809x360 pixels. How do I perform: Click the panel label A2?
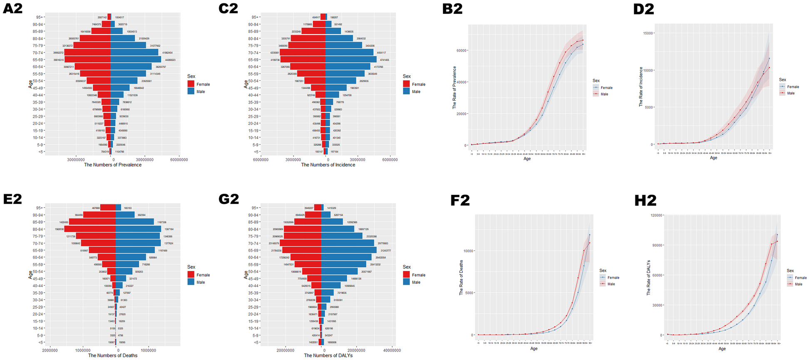pyautogui.click(x=12, y=8)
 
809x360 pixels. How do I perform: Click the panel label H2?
pyautogui.click(x=645, y=201)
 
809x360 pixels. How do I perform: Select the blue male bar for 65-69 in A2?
pyautogui.click(x=135, y=60)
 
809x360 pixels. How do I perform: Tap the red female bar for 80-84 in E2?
pyautogui.click(x=90, y=229)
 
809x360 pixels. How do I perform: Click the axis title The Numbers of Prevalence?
pyautogui.click(x=112, y=165)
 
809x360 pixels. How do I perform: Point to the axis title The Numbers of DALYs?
pyautogui.click(x=328, y=355)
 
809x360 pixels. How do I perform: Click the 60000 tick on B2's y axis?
pyautogui.click(x=461, y=50)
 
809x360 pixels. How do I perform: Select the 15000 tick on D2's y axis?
pyautogui.click(x=647, y=33)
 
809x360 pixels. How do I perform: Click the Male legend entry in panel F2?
pyautogui.click(x=611, y=284)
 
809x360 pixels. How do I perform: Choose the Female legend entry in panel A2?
pyautogui.click(x=203, y=84)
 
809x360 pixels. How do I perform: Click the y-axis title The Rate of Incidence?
pyautogui.click(x=641, y=87)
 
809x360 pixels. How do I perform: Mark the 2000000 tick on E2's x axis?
pyautogui.click(x=50, y=350)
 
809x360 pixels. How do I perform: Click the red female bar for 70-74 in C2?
pyautogui.click(x=302, y=52)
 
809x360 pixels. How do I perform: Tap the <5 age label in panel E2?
pyautogui.click(x=41, y=343)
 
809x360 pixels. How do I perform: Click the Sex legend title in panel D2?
pyautogui.click(x=782, y=79)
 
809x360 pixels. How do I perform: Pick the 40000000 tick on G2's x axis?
pyautogui.click(x=392, y=350)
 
